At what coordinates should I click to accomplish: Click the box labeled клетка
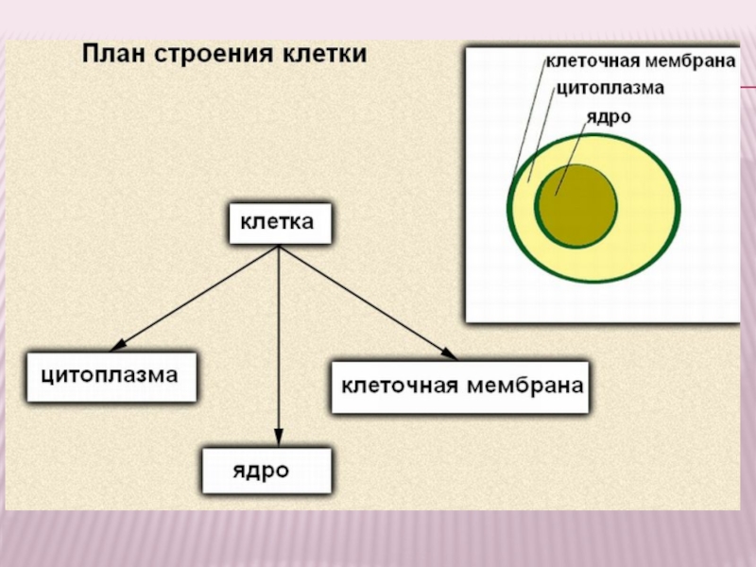(x=280, y=224)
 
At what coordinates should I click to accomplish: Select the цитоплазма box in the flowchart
(x=112, y=376)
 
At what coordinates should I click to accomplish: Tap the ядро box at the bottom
(x=267, y=470)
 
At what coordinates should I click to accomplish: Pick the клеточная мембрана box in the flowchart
(x=460, y=387)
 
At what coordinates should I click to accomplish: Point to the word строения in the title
(x=221, y=53)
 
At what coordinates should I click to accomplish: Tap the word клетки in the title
(x=325, y=53)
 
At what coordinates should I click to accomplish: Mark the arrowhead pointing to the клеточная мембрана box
(x=449, y=354)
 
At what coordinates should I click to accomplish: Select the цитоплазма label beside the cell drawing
(x=610, y=88)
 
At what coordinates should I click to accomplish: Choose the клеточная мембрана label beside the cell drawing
(x=641, y=62)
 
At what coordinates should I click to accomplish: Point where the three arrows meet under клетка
(x=279, y=247)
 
